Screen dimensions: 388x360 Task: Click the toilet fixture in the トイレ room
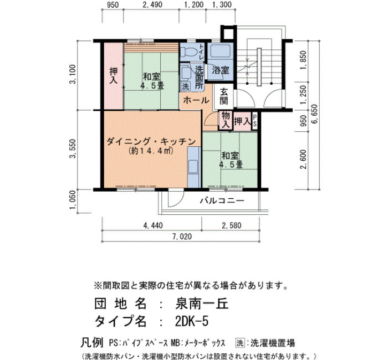tap(188, 53)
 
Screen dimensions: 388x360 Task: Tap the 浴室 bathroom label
tap(221, 70)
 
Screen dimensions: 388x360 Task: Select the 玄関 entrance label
tap(223, 96)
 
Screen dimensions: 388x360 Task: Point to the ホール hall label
tap(196, 100)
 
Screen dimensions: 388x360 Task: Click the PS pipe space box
tap(255, 121)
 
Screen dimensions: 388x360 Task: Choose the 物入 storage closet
tap(226, 120)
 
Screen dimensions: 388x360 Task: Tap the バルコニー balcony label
tap(222, 200)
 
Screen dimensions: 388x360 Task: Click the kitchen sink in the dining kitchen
tap(193, 166)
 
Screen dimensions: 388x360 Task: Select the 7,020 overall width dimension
tap(182, 236)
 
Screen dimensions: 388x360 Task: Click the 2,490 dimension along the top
tap(152, 4)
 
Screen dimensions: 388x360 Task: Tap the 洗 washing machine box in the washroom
tap(185, 86)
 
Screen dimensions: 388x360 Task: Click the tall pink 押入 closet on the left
tap(113, 76)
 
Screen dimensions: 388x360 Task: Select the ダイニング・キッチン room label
tap(151, 142)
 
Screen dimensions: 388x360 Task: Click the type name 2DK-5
tap(192, 321)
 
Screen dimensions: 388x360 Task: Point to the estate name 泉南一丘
tap(202, 304)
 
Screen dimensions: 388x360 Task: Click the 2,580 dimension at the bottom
tap(231, 225)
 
